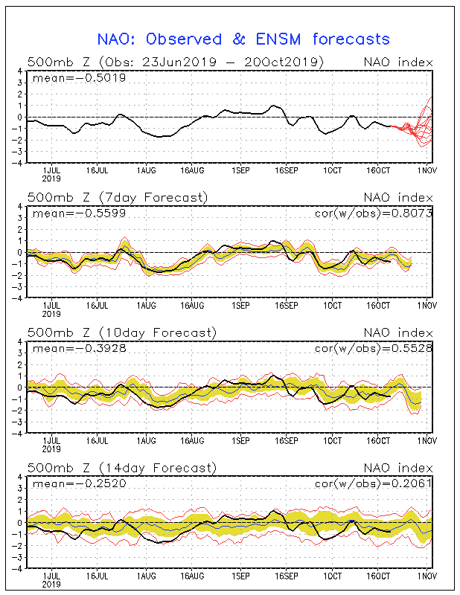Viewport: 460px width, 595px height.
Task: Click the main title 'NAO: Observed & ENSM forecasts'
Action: pos(243,39)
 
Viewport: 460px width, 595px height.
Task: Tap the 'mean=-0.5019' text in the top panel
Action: pos(79,78)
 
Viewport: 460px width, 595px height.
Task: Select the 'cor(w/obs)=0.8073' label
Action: pos(374,213)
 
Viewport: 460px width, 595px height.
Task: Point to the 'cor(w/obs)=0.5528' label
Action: pos(374,348)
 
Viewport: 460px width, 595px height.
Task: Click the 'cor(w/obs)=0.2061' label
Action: pos(374,483)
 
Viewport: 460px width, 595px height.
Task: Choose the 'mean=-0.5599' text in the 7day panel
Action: pos(79,213)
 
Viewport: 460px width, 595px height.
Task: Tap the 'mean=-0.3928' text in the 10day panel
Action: pos(79,348)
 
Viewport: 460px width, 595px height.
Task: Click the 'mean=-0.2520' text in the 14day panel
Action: pos(79,483)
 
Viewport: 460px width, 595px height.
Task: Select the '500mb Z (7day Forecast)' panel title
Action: pos(118,198)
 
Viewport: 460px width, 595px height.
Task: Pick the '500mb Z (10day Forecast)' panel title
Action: pos(122,332)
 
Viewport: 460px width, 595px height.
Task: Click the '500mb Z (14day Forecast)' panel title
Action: pos(122,468)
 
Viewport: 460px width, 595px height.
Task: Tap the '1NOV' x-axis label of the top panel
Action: pos(427,170)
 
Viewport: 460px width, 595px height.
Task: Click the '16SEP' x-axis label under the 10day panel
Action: pos(287,441)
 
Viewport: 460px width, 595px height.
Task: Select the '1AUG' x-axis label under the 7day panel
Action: pos(146,306)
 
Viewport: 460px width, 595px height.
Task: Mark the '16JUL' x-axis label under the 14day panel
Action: pos(98,576)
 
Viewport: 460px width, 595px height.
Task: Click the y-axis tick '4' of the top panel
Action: pos(20,71)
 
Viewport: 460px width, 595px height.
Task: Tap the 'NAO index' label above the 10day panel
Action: pos(398,332)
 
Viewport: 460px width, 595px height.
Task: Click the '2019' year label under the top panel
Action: pos(51,178)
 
